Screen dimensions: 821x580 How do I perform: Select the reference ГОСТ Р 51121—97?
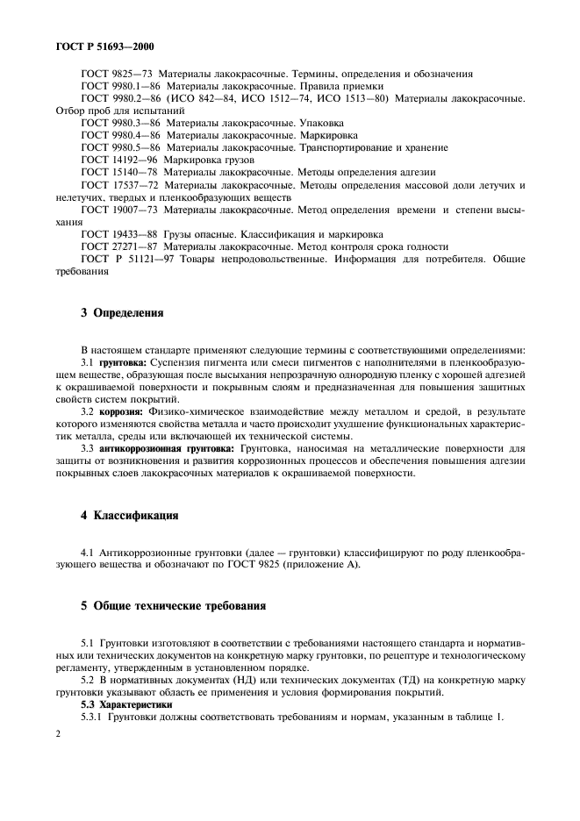pyautogui.click(x=127, y=259)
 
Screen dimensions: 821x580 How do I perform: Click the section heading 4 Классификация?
pyautogui.click(x=129, y=516)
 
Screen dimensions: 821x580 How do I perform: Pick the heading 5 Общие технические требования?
pyautogui.click(x=174, y=606)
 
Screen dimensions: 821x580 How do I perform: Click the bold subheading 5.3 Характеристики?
pyautogui.click(x=123, y=704)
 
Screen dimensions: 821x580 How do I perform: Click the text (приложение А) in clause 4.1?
pyautogui.click(x=315, y=564)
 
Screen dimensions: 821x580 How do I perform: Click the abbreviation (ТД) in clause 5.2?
pyautogui.click(x=413, y=680)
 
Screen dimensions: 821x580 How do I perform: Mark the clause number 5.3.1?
pyautogui.click(x=93, y=717)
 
